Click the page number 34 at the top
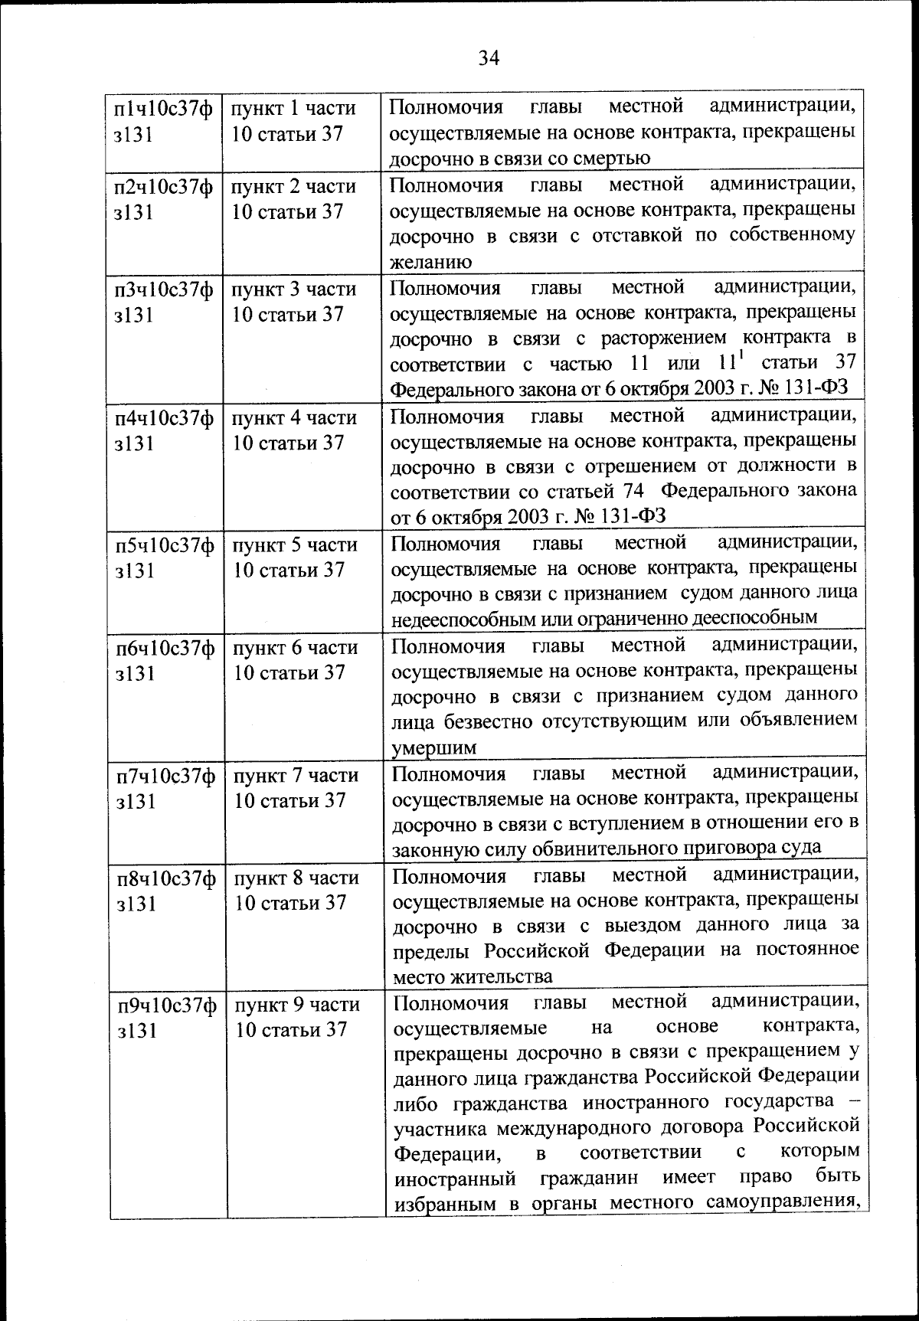pyautogui.click(x=489, y=58)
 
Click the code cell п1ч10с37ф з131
pyautogui.click(x=163, y=121)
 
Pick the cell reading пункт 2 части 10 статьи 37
pyautogui.click(x=294, y=199)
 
